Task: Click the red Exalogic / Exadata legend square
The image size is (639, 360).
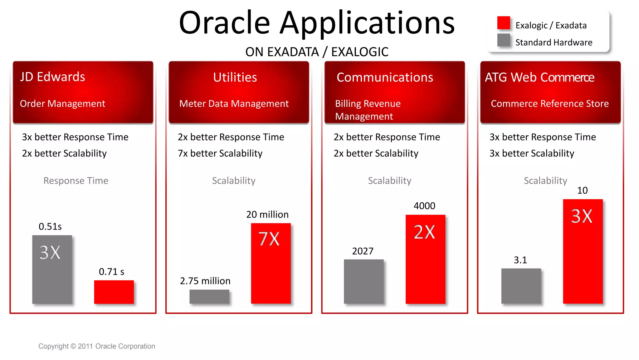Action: point(504,23)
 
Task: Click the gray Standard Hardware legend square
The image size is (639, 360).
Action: point(504,40)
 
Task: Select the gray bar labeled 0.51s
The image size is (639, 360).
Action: point(52,269)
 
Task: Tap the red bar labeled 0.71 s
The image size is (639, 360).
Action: point(114,292)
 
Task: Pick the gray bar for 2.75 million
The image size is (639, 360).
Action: point(209,296)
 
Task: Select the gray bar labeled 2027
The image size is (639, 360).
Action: point(363,281)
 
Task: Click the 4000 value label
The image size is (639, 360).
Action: point(424,206)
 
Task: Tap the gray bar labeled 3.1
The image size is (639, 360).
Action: point(521,286)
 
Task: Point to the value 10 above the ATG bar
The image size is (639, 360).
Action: point(582,190)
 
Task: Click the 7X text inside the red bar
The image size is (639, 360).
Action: point(269,239)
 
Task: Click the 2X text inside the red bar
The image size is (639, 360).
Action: point(424,232)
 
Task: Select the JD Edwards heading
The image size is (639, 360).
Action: point(52,77)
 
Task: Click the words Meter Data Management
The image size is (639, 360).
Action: point(234,104)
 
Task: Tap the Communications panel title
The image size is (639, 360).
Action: point(385,77)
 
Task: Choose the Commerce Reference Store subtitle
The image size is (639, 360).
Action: point(550,104)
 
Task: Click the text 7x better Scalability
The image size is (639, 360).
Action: point(220,153)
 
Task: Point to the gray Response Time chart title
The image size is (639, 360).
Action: point(76,180)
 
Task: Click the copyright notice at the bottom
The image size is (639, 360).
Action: point(97,346)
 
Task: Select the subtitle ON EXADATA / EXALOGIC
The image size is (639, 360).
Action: point(317,52)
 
